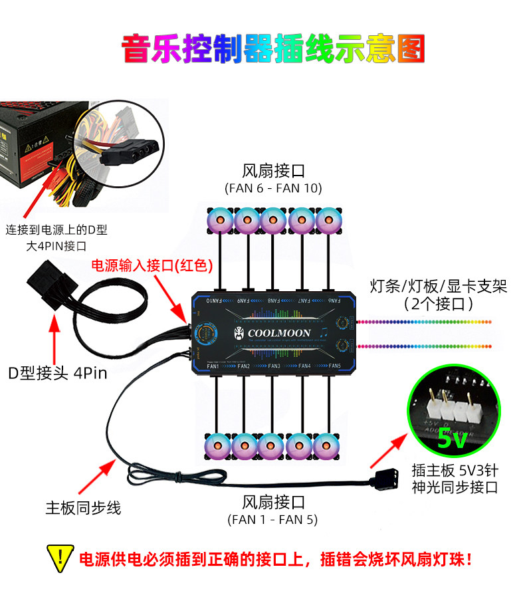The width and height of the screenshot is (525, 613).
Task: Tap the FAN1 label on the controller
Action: point(213,366)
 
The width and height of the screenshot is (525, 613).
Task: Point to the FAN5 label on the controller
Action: point(334,366)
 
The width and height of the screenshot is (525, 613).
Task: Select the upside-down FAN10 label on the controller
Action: point(213,301)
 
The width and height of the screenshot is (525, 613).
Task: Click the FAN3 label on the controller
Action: point(273,366)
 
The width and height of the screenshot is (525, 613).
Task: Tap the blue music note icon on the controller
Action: point(322,332)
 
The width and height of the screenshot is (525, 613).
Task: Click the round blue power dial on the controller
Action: point(205,332)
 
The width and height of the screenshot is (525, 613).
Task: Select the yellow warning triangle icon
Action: point(60,557)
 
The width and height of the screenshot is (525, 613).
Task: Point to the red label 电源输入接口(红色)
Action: point(151,266)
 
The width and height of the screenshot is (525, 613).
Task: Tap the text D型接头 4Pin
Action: point(57,372)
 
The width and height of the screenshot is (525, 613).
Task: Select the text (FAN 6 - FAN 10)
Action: point(273,188)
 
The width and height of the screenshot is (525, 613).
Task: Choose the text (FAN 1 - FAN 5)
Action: point(273,519)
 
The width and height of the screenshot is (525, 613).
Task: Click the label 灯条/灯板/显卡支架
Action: point(438,287)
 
